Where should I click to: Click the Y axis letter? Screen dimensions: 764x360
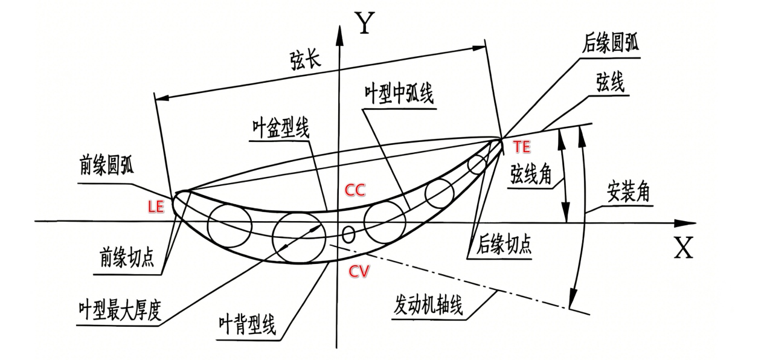(365, 22)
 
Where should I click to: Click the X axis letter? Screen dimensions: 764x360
(684, 248)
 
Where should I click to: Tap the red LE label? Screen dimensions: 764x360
(156, 207)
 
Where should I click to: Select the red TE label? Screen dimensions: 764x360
(522, 147)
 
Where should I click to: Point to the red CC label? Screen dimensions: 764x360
(355, 190)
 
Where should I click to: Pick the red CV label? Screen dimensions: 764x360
(359, 271)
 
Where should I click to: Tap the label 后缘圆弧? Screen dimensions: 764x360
(610, 43)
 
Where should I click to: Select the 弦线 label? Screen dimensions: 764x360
(610, 82)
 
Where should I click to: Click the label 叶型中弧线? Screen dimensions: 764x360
(399, 94)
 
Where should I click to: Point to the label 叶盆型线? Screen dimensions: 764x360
(281, 129)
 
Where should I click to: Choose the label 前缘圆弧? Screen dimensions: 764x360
(107, 166)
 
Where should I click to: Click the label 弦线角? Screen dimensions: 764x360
(531, 175)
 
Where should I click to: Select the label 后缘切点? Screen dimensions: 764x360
(504, 244)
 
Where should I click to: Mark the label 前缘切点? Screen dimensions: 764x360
(127, 257)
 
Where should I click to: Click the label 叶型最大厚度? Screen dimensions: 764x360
(120, 310)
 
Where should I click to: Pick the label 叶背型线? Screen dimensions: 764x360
(247, 325)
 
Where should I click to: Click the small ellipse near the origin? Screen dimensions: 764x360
(348, 235)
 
